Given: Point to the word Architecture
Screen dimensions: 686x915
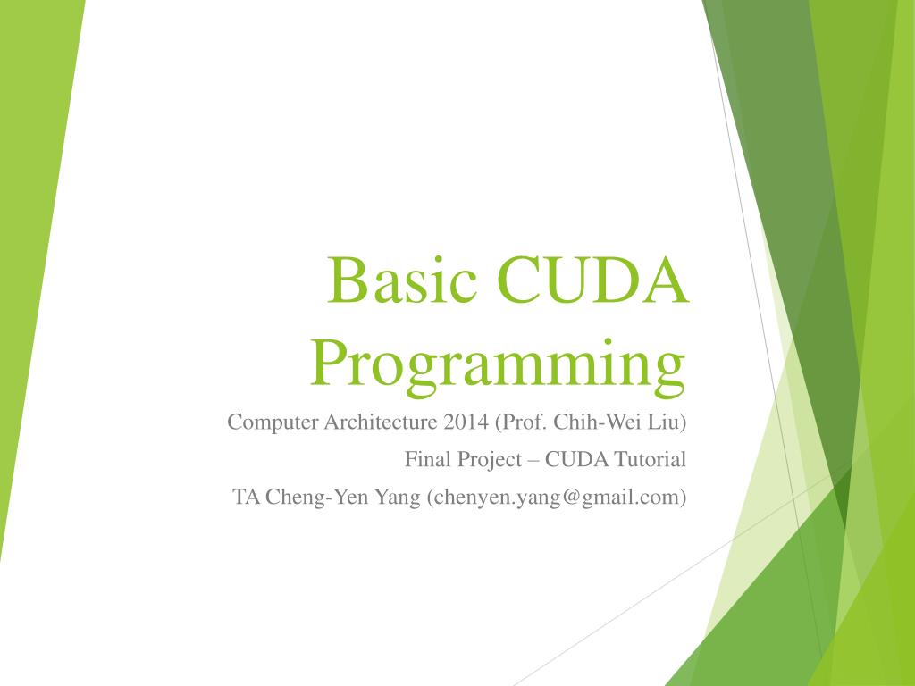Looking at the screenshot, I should tap(376, 422).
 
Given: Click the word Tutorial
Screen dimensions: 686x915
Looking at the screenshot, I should tap(651, 460).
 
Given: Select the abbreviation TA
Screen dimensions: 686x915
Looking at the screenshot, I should tap(245, 498).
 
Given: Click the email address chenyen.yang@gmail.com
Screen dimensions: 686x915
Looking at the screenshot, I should tap(558, 498).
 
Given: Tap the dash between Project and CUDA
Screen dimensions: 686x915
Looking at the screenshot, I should tap(533, 461).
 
